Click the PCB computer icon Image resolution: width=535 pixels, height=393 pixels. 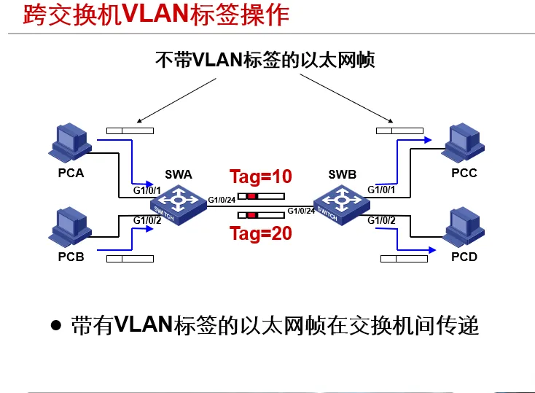(69, 228)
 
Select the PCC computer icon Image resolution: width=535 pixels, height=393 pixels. (464, 144)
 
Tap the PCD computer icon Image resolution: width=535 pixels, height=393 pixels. (464, 229)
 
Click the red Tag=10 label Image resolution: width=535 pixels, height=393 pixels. (260, 176)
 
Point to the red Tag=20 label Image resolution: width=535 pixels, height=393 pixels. (260, 233)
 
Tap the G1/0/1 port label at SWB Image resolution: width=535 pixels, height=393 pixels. (381, 190)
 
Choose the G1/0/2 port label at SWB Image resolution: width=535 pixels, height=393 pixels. (381, 220)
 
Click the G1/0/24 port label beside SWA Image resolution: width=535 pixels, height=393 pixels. (222, 200)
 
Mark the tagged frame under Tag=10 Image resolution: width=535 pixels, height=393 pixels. (261, 196)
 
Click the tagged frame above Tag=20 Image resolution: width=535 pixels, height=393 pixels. (261, 215)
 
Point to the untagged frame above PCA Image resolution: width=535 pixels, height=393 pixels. (130, 131)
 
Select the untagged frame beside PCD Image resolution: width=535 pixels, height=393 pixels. (403, 258)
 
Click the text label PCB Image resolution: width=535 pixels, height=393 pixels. (71, 257)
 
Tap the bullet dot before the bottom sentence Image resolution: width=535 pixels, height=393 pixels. (55, 324)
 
